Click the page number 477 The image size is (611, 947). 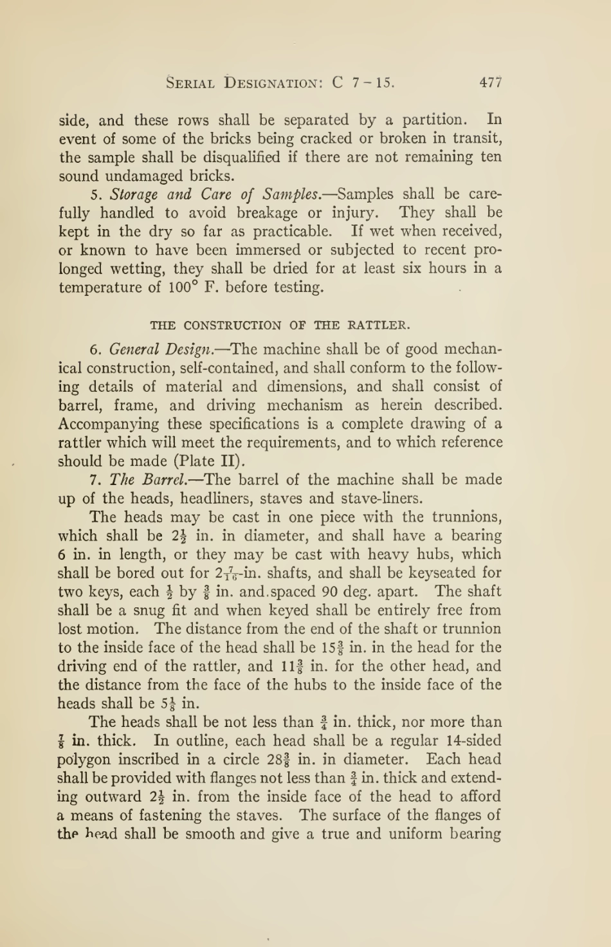pyautogui.click(x=490, y=82)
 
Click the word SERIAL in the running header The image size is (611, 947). pyautogui.click(x=190, y=82)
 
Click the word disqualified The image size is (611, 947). pyautogui.click(x=238, y=157)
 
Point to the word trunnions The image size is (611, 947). pyautogui.click(x=466, y=517)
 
